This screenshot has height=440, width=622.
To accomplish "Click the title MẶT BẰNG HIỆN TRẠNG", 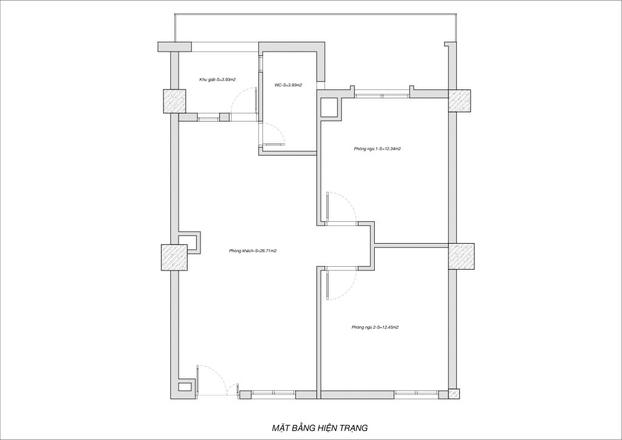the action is coord(320,428).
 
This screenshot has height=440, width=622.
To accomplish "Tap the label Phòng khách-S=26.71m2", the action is coord(253,251).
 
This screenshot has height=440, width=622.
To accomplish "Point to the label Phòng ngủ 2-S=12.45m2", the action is coord(375,328).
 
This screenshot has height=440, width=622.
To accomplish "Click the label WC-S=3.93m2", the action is coord(289,85).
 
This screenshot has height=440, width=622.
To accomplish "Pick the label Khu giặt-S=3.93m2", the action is coord(218,80).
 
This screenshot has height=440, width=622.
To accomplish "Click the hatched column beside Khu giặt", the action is coord(174,101).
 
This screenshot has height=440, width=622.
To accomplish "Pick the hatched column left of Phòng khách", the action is coord(174,258).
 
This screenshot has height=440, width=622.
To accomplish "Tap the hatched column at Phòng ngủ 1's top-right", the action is coord(460,100).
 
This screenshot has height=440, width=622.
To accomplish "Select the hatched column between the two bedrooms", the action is coord(462,256).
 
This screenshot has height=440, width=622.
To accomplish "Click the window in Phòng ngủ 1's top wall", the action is coord(381,95).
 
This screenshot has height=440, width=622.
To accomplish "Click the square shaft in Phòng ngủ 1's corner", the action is coord(330,107).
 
